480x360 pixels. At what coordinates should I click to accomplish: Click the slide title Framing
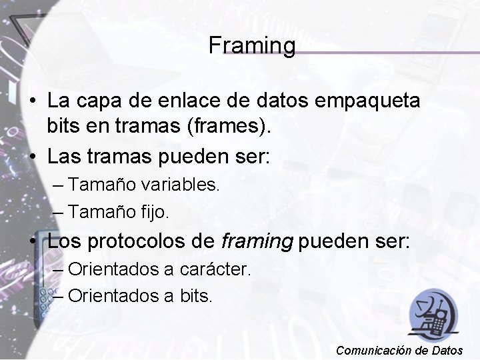(x=251, y=45)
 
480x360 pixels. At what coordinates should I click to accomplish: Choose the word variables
(x=180, y=184)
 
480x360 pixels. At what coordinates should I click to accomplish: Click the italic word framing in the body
(x=257, y=241)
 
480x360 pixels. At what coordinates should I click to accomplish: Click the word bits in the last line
(x=196, y=295)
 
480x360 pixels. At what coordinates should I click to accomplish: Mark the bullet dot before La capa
(x=32, y=102)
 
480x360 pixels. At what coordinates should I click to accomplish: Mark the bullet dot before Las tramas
(x=32, y=159)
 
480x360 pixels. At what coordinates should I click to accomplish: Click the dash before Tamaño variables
(x=57, y=185)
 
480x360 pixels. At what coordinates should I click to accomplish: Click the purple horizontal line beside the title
(x=387, y=52)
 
